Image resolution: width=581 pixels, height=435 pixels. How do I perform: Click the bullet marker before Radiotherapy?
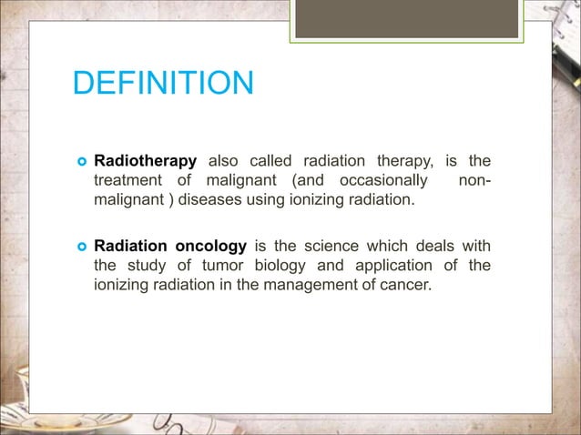[x=79, y=162]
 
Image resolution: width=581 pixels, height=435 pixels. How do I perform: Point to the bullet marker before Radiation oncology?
[x=79, y=247]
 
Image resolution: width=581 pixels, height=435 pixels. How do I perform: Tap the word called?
[x=274, y=161]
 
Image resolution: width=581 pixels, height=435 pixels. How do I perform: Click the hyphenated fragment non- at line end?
[x=474, y=180]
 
